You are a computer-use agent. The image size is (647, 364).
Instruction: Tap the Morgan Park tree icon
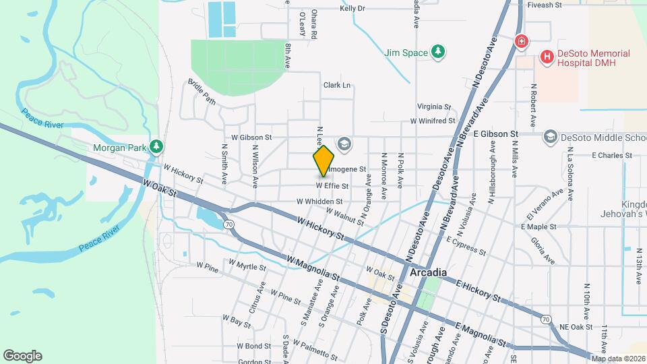coord(156,146)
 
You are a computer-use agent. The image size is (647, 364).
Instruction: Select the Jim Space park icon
coord(439,52)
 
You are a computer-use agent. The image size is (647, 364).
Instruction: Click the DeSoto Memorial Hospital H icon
coord(547,59)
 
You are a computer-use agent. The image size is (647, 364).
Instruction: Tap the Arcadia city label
coord(428,272)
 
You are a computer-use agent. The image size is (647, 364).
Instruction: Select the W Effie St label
coord(332,186)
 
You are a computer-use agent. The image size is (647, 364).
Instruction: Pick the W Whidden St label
coord(319,201)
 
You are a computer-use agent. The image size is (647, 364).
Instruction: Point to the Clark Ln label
coord(337,86)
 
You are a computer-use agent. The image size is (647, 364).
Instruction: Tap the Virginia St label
coord(433,107)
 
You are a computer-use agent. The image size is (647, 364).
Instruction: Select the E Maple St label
coord(538,227)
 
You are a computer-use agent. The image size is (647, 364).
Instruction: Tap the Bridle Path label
coord(202,92)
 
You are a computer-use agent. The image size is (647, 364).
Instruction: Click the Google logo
coord(22,356)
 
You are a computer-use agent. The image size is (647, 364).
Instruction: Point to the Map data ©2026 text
coord(618,358)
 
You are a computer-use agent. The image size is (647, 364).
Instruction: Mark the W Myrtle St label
coord(247,267)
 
